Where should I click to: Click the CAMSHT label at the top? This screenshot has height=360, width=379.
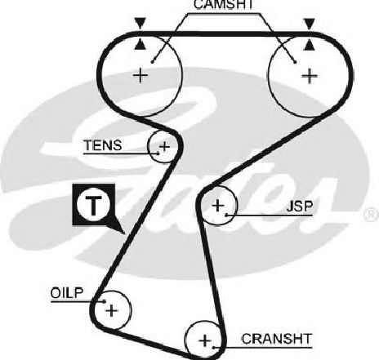coord(223,4)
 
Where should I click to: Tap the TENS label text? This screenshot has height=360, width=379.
coord(103,145)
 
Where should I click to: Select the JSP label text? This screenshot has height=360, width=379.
coord(300,207)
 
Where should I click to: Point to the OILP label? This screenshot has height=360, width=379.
coord(67,293)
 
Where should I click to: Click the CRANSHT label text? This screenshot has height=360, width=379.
coord(276,339)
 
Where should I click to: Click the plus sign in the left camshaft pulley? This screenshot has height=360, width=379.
coord(140,75)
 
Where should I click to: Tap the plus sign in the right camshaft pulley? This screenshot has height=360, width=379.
coord(310,76)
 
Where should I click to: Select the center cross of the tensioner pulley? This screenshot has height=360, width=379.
coord(164,147)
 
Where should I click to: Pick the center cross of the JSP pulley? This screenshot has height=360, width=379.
coord(218,205)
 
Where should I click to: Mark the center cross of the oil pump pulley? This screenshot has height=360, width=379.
coord(112,310)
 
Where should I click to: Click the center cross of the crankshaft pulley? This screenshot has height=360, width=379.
coord(205,340)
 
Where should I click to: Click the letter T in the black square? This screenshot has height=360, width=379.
coord(93,205)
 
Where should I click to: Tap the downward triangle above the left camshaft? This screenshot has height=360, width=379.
coord(140,23)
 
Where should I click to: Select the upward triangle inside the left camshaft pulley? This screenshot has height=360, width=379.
coord(140,45)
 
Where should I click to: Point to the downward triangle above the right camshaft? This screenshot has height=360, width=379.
coord(310,24)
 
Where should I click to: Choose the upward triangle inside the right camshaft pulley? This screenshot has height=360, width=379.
coord(310,45)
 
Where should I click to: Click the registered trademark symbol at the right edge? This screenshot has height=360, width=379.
coord(372,215)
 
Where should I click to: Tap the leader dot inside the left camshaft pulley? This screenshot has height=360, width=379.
coord(153,62)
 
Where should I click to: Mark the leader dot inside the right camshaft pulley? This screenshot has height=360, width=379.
coord(295,62)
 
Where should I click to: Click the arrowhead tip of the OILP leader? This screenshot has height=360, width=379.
coord(106,301)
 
